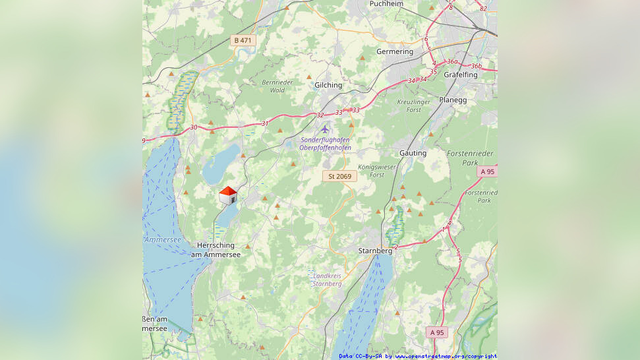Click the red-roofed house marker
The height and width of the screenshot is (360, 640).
pos(227,195)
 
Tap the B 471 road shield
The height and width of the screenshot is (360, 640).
pos(242,40)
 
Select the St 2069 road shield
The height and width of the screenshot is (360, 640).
pos(339,176)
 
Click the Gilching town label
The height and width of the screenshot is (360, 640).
pos(328,85)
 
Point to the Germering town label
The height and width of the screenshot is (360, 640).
pos(395,51)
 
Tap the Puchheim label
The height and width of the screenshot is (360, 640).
pos(386,4)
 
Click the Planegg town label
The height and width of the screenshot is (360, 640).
pos(471,100)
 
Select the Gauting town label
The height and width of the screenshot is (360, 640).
pos(413,153)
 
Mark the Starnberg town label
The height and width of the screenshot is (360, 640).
pos(375,251)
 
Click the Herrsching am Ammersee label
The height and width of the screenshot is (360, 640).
pos(216,250)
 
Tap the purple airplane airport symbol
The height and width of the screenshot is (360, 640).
pos(324,129)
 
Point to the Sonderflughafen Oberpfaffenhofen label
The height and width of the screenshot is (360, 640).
pos(325,144)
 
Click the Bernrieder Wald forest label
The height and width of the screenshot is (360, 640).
pos(277,86)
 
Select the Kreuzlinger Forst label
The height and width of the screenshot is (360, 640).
pos(414,105)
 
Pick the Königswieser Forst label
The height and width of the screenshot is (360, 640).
pos(377,171)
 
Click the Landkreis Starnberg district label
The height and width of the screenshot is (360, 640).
pos(327,279)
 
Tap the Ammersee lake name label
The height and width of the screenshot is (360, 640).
pos(162,239)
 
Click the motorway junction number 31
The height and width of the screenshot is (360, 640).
pos(265,123)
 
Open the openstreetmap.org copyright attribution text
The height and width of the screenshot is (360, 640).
pos(418,356)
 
